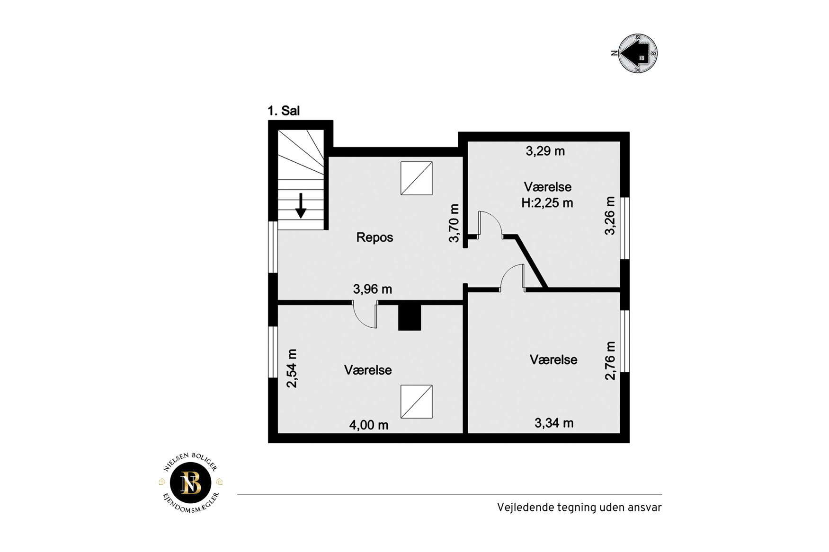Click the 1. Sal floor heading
tap(284, 111)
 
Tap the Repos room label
tap(374, 237)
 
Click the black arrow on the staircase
tap(301, 206)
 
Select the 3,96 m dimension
tap(373, 289)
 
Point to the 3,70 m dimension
tap(454, 223)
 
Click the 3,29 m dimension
tap(545, 151)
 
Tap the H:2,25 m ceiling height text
tap(547, 203)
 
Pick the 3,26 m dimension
tap(610, 216)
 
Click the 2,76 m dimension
tap(611, 361)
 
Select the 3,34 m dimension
tap(554, 423)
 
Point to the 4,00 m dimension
tap(369, 425)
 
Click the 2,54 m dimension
tap(292, 368)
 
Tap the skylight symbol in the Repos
tap(417, 178)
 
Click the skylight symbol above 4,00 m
tap(417, 402)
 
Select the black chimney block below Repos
tap(410, 317)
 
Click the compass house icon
tap(638, 53)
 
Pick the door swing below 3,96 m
tap(365, 316)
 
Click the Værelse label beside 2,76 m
tap(553, 360)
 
